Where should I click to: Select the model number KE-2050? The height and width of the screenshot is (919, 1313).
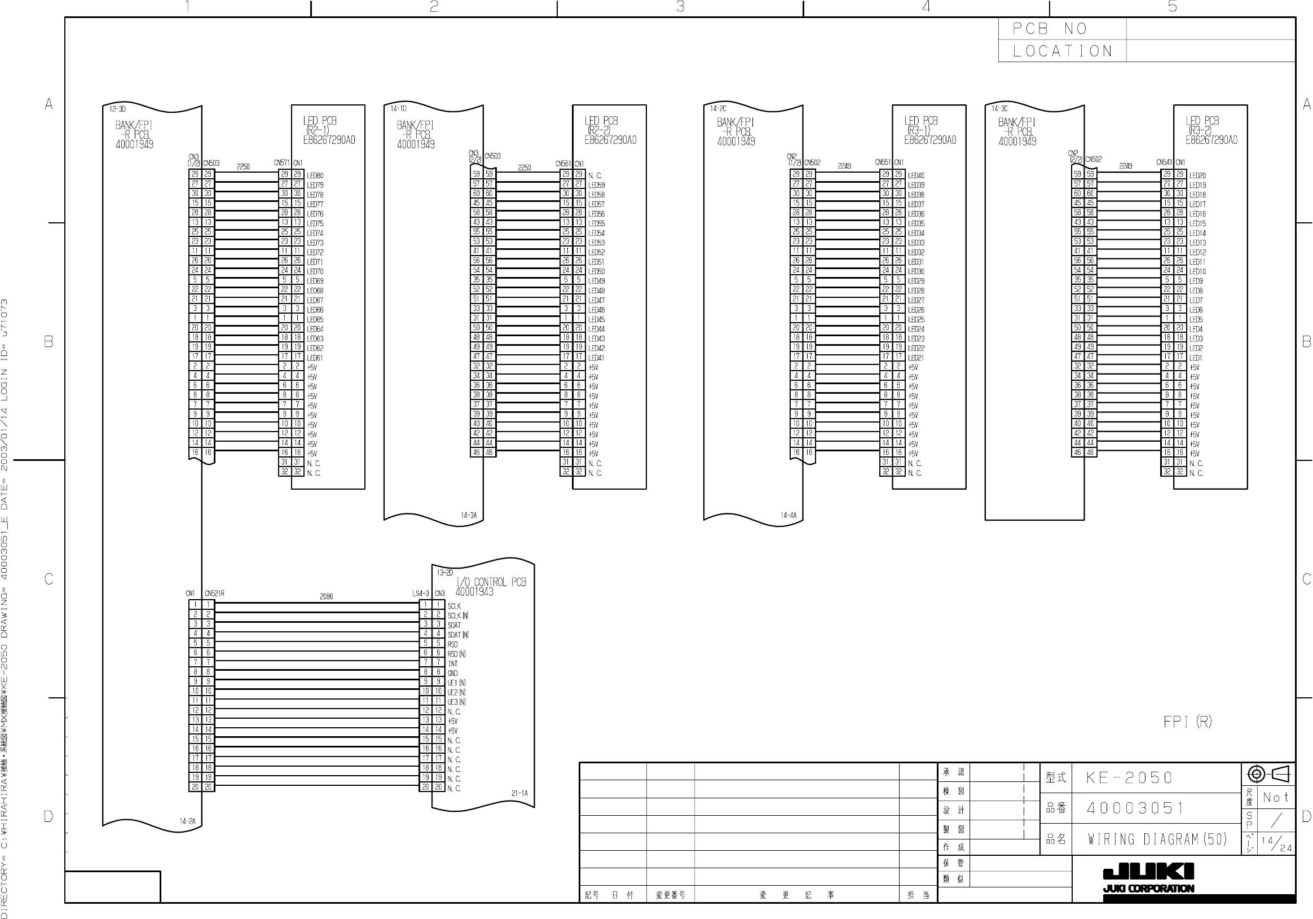pos(1130,778)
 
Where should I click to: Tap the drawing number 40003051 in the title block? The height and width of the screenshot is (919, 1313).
pos(1135,808)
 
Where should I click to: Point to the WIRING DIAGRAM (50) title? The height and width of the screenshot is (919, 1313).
pos(1157,839)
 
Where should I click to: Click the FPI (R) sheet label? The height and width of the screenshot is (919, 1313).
pos(1187,722)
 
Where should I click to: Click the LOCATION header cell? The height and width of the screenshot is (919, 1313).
pos(1063,51)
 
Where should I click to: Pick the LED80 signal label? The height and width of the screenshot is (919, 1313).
pos(315,175)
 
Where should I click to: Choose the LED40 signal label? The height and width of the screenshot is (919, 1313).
pos(916,175)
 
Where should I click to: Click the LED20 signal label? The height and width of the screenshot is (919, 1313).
pos(1197,175)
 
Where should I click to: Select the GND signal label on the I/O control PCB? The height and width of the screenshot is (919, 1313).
pos(453,673)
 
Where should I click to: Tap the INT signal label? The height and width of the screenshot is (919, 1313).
pos(453,664)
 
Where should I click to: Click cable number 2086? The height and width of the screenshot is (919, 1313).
pos(326,596)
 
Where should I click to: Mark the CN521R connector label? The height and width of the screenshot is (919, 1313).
pos(214,593)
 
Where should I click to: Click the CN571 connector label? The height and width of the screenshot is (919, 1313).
pos(282,163)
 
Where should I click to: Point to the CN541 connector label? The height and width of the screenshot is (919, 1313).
pos(1164,162)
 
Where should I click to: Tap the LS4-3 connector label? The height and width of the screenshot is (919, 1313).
pos(420,593)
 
